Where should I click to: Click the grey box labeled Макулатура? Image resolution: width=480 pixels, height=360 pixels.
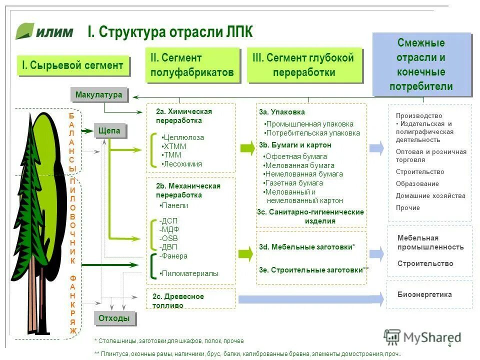coord(98,94)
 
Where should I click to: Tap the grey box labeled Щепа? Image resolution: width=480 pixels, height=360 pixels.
coord(109,131)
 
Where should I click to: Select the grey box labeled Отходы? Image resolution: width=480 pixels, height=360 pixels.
coord(114,318)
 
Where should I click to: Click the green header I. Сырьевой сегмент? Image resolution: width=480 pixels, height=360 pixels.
coord(72,65)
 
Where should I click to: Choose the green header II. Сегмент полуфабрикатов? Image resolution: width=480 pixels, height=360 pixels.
coord(192,65)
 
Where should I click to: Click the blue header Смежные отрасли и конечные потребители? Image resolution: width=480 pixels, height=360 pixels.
coord(421,64)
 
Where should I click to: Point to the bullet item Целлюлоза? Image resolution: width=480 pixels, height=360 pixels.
coord(183,137)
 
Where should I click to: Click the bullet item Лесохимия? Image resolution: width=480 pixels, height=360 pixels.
coord(182,164)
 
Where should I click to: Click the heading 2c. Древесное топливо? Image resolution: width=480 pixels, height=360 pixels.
coord(178,301)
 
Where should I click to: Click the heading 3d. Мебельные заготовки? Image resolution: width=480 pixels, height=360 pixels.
coord(307,247)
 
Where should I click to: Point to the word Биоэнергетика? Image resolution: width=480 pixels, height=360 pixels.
coord(424,294)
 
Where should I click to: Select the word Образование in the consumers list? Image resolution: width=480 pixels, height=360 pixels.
coord(417,184)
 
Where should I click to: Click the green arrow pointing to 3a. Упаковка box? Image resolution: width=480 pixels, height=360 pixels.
coord(247,147)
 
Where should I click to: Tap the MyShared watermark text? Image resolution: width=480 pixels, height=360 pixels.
coord(431,337)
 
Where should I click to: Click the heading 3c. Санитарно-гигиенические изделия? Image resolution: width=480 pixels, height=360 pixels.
coord(310,216)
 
